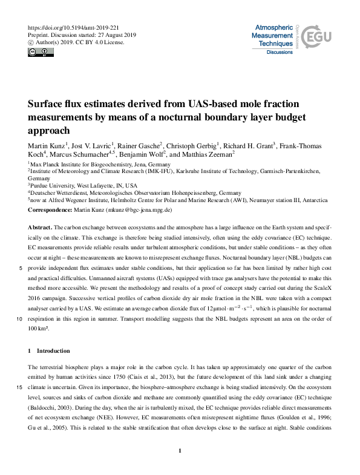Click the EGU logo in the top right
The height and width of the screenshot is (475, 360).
318,38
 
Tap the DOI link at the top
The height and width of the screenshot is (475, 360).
70,28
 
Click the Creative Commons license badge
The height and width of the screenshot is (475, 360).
39,53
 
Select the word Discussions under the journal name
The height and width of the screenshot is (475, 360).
280,53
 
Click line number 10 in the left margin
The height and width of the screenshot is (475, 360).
19,319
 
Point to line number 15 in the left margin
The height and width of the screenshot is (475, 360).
19,388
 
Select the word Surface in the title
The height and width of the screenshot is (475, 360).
50,103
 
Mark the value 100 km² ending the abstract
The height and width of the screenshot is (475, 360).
38,329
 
